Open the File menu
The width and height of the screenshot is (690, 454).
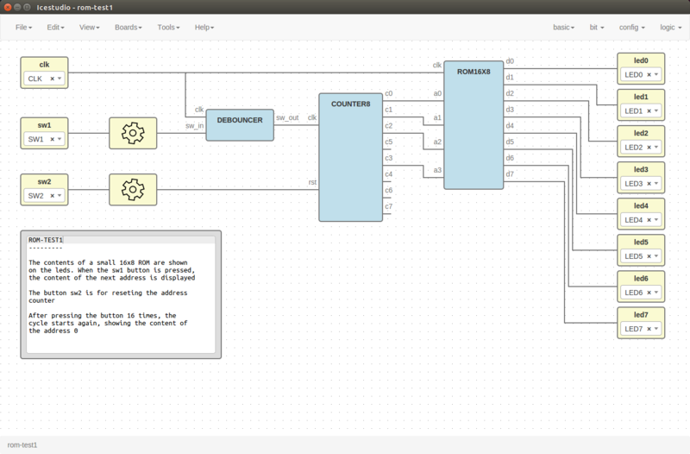click(23, 28)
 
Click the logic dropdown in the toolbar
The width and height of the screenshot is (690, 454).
click(670, 28)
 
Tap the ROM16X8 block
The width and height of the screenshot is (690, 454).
click(474, 125)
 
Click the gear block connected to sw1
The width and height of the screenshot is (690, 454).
click(133, 134)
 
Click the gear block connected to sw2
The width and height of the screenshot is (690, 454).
click(133, 190)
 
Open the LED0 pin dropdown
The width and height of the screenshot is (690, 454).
click(641, 75)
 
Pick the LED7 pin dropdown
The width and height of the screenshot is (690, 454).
click(641, 329)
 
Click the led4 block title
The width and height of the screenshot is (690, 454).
click(641, 205)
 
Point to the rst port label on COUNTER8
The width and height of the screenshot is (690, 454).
click(312, 182)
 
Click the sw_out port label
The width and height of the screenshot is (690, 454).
click(287, 117)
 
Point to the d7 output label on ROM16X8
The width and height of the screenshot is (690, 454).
click(510, 174)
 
